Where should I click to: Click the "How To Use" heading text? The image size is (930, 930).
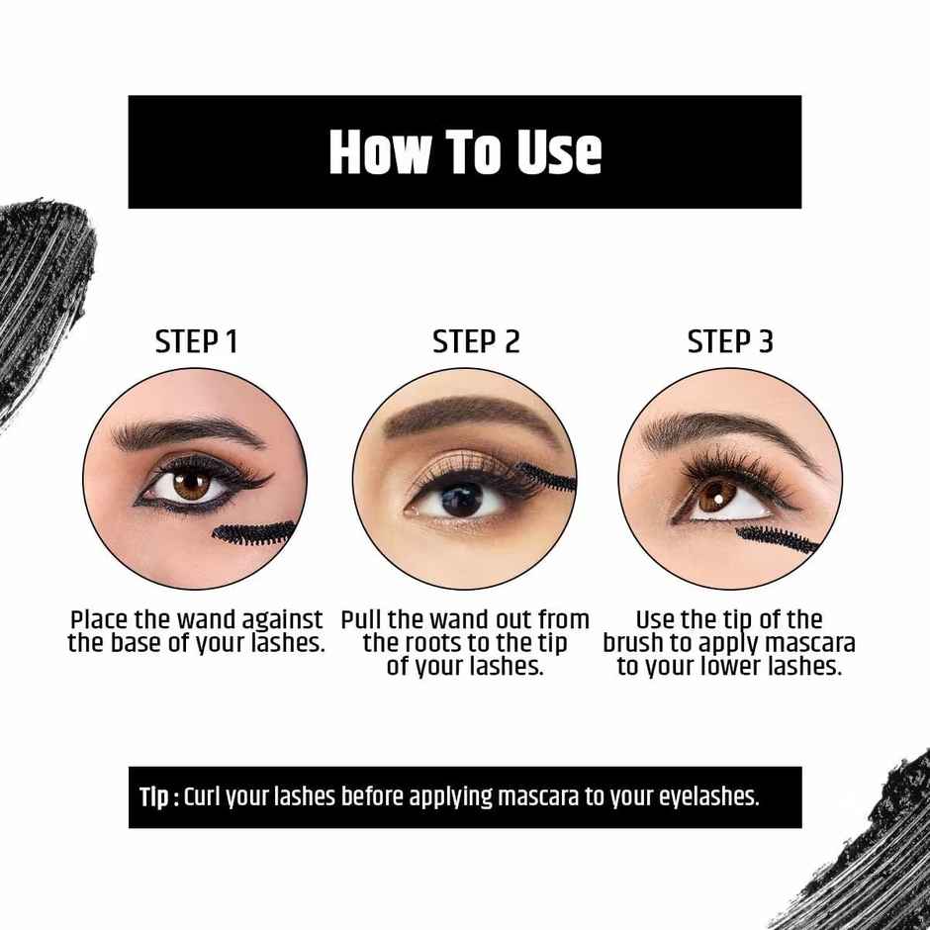click(465, 151)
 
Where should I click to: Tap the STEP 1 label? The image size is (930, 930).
click(196, 342)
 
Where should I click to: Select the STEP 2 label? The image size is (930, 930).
click(476, 342)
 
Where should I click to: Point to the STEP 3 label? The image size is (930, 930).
click(730, 342)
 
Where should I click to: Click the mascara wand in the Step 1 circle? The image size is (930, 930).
click(252, 534)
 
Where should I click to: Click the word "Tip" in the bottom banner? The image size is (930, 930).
click(154, 797)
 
